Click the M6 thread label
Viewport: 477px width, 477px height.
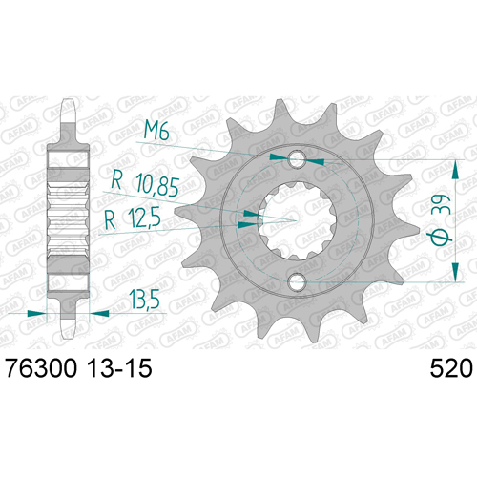156,131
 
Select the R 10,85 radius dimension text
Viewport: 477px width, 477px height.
145,185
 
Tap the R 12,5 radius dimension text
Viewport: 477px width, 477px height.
133,218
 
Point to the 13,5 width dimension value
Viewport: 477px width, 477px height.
144,300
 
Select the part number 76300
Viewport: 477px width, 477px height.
41,368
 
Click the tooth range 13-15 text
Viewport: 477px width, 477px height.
119,368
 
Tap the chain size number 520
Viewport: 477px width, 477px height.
451,368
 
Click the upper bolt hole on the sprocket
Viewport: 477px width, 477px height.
297,159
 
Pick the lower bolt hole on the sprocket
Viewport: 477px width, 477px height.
297,281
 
